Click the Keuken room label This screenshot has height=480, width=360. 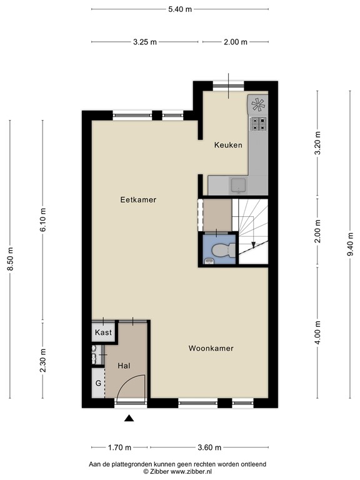pyautogui.click(x=228, y=145)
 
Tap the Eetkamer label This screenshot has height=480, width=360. pyautogui.click(x=138, y=200)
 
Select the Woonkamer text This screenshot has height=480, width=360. pyautogui.click(x=211, y=349)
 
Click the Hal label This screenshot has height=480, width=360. pyautogui.click(x=123, y=366)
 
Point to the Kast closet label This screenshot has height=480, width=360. pyautogui.click(x=103, y=332)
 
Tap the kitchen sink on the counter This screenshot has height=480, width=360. pyautogui.click(x=238, y=184)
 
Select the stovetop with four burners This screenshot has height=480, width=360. pyautogui.click(x=257, y=123)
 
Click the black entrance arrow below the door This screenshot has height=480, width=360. pyautogui.click(x=129, y=419)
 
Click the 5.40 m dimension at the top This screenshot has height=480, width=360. pyautogui.click(x=180, y=9)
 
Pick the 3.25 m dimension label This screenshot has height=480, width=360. pyautogui.click(x=145, y=42)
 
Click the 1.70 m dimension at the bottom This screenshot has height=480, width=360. pyautogui.click(x=119, y=447)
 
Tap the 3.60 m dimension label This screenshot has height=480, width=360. pyautogui.click(x=209, y=447)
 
